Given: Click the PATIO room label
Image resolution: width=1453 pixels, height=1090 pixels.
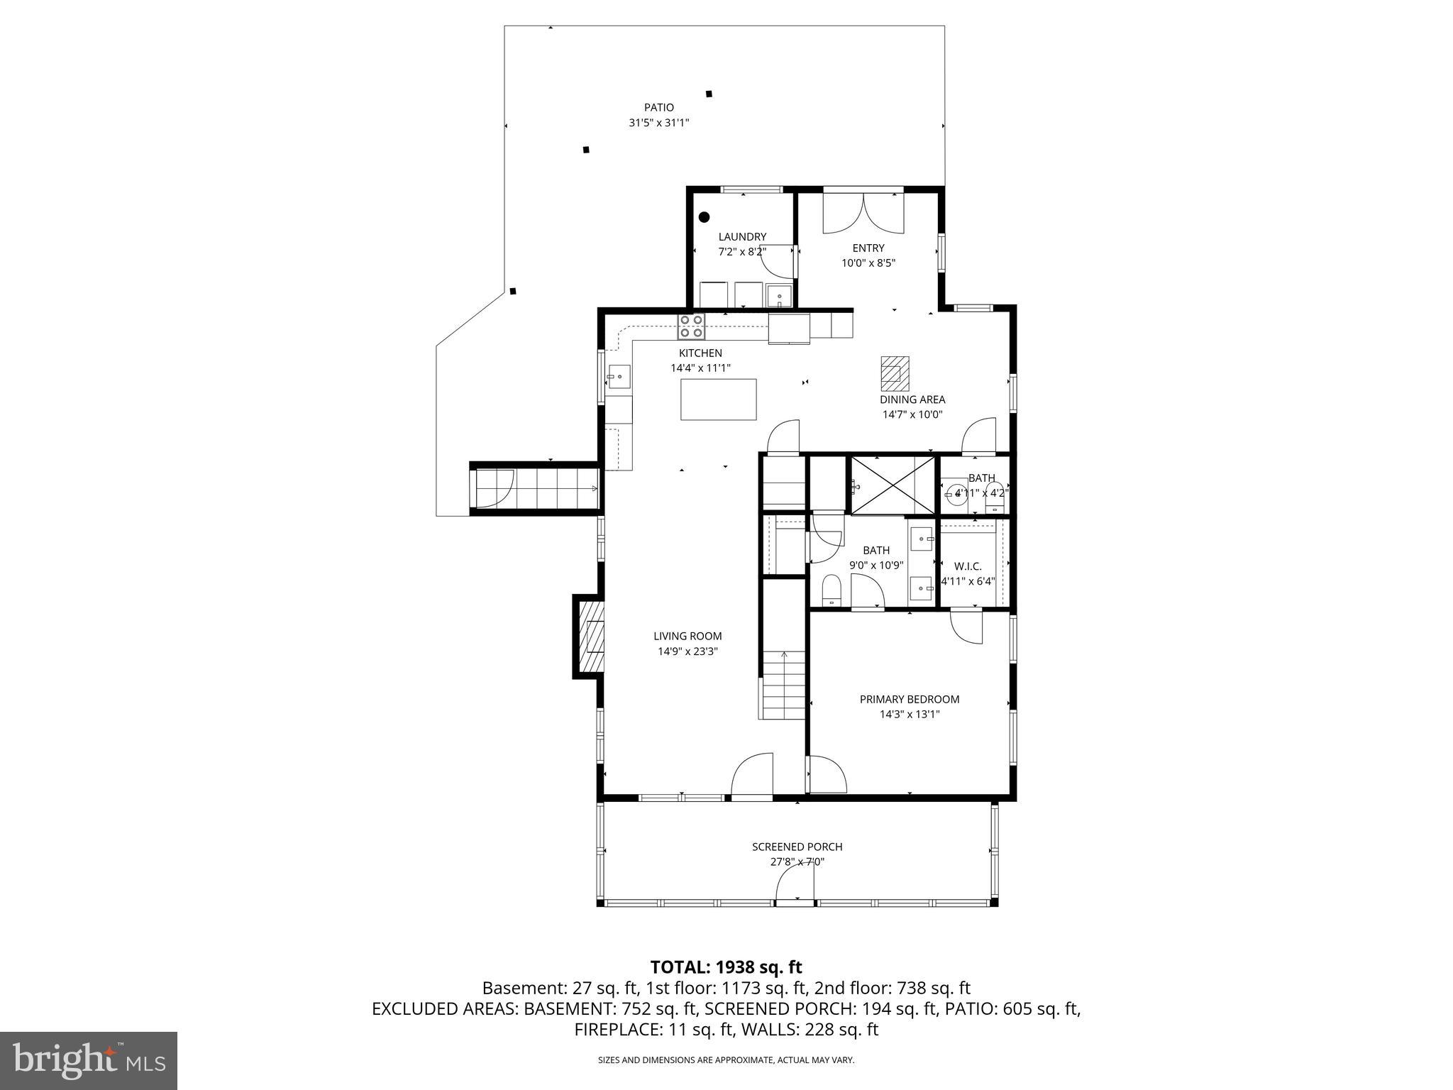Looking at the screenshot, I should click(x=658, y=108).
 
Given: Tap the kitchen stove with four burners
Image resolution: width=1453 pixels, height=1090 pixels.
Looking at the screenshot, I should click(x=691, y=326).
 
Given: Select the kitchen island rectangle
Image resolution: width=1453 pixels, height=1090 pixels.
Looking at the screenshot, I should click(x=718, y=400).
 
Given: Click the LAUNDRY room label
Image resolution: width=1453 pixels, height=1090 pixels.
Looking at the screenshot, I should click(x=742, y=237).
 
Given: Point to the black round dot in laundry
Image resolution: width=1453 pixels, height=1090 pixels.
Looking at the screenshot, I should click(x=704, y=217).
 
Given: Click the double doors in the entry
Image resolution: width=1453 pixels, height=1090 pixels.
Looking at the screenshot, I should click(x=863, y=213).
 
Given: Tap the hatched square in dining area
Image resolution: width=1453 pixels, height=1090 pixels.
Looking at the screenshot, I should click(x=895, y=373).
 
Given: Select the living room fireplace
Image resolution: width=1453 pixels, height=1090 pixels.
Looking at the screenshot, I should click(x=590, y=637).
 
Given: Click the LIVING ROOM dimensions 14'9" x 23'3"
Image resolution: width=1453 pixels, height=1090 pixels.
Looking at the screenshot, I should click(x=687, y=651).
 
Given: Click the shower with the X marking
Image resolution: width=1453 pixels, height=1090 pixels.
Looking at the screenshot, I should click(x=893, y=485).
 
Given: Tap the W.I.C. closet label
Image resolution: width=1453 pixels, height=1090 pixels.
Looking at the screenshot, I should click(x=968, y=566).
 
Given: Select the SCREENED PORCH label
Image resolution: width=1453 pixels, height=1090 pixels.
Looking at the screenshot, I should click(x=797, y=847).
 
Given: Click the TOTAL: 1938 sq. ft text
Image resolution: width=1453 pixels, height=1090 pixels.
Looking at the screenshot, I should click(x=726, y=967).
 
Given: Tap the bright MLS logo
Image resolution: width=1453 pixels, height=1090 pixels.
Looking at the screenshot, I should click(x=88, y=1061).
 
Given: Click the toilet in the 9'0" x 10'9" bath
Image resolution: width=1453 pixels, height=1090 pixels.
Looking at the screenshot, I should click(x=831, y=590).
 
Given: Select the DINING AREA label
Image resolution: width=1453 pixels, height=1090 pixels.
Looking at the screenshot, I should click(x=912, y=400).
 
